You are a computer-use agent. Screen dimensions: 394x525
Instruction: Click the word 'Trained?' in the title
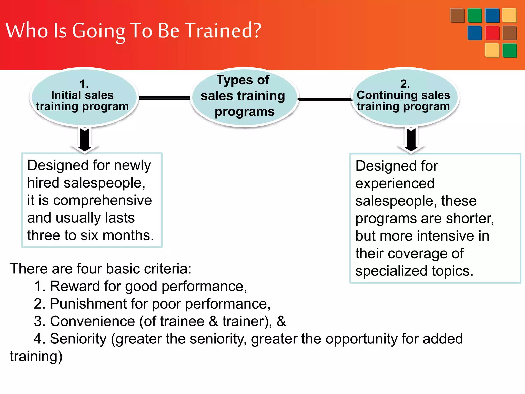[223, 30]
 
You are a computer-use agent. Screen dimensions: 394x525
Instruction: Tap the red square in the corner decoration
[492, 33]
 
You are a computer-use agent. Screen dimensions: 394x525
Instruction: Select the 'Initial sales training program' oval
[84, 97]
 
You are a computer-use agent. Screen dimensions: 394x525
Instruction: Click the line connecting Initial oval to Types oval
[164, 98]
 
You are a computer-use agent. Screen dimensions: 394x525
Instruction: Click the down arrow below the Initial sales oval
[85, 140]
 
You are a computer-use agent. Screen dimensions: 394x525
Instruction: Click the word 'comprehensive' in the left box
[102, 200]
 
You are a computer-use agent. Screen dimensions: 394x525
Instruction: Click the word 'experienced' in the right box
[395, 183]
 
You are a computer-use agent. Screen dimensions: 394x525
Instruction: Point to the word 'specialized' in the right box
[391, 271]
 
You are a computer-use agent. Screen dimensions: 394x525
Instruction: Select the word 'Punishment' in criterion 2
[88, 304]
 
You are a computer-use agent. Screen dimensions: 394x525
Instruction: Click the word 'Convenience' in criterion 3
[92, 321]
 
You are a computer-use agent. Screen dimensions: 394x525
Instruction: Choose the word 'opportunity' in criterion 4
[361, 339]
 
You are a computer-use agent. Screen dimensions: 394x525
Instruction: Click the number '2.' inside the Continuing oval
[405, 84]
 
